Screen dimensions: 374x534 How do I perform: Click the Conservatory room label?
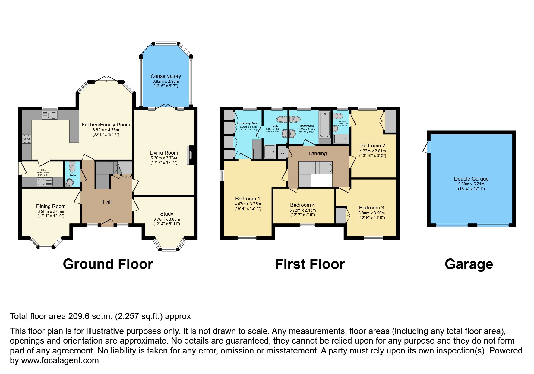click(166, 76)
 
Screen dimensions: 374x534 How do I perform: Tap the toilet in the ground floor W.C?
click(72, 167)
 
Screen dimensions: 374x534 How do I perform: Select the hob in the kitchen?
click(27, 139)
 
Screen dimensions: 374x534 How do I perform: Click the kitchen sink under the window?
click(50, 115)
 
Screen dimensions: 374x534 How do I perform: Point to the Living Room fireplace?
click(190, 155)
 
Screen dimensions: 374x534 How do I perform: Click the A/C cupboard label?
click(282, 153)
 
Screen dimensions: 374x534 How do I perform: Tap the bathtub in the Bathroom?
click(325, 124)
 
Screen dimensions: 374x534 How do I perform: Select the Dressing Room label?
click(248, 123)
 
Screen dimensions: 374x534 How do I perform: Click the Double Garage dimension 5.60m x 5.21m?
click(471, 184)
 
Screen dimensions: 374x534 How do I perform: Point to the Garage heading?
click(469, 264)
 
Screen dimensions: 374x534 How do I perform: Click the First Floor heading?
click(310, 264)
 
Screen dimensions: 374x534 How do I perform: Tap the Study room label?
click(166, 214)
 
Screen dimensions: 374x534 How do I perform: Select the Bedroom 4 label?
click(302, 205)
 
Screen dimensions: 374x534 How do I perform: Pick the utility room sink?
click(45, 182)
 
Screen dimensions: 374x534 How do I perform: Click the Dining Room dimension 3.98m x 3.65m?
click(51, 211)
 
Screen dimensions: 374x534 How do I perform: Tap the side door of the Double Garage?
click(426, 147)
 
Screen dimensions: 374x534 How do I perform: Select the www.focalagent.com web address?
click(60, 360)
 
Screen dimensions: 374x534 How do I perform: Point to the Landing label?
click(317, 153)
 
